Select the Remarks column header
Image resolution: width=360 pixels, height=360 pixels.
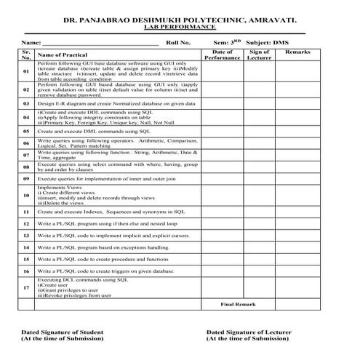pos(297,52)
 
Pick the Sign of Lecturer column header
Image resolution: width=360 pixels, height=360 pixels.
pos(260,55)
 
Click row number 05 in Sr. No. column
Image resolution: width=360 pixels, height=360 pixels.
pos(26,132)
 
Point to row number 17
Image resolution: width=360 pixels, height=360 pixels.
pos(26,287)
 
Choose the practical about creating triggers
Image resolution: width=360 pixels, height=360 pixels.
pos(106,271)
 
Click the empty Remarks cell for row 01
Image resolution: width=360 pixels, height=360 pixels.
pos(297,72)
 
